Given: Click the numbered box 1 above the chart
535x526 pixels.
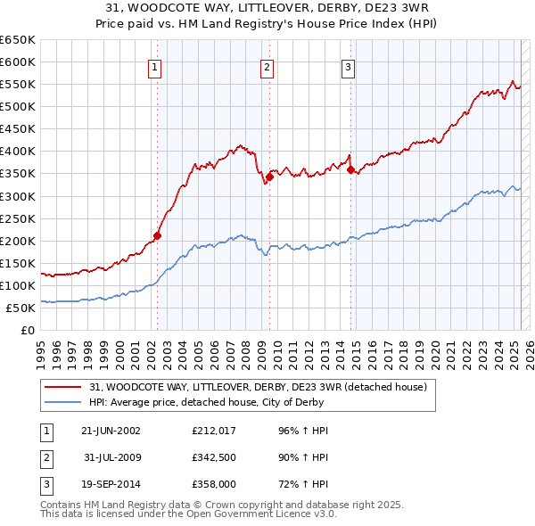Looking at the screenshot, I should tap(154, 67).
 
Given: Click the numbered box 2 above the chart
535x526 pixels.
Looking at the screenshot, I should tap(267, 67).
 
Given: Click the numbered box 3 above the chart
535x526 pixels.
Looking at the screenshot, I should tap(348, 67).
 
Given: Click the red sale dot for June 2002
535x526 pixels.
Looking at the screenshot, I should tap(157, 236).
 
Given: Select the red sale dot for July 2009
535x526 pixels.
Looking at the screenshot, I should tap(269, 177).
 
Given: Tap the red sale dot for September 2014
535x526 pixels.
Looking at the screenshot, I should tap(350, 169).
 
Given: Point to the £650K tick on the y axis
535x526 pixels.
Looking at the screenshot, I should tap(17, 40).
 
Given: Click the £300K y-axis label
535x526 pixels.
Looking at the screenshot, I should tap(17, 196).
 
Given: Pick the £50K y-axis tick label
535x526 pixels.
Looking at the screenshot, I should tap(21, 308).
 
